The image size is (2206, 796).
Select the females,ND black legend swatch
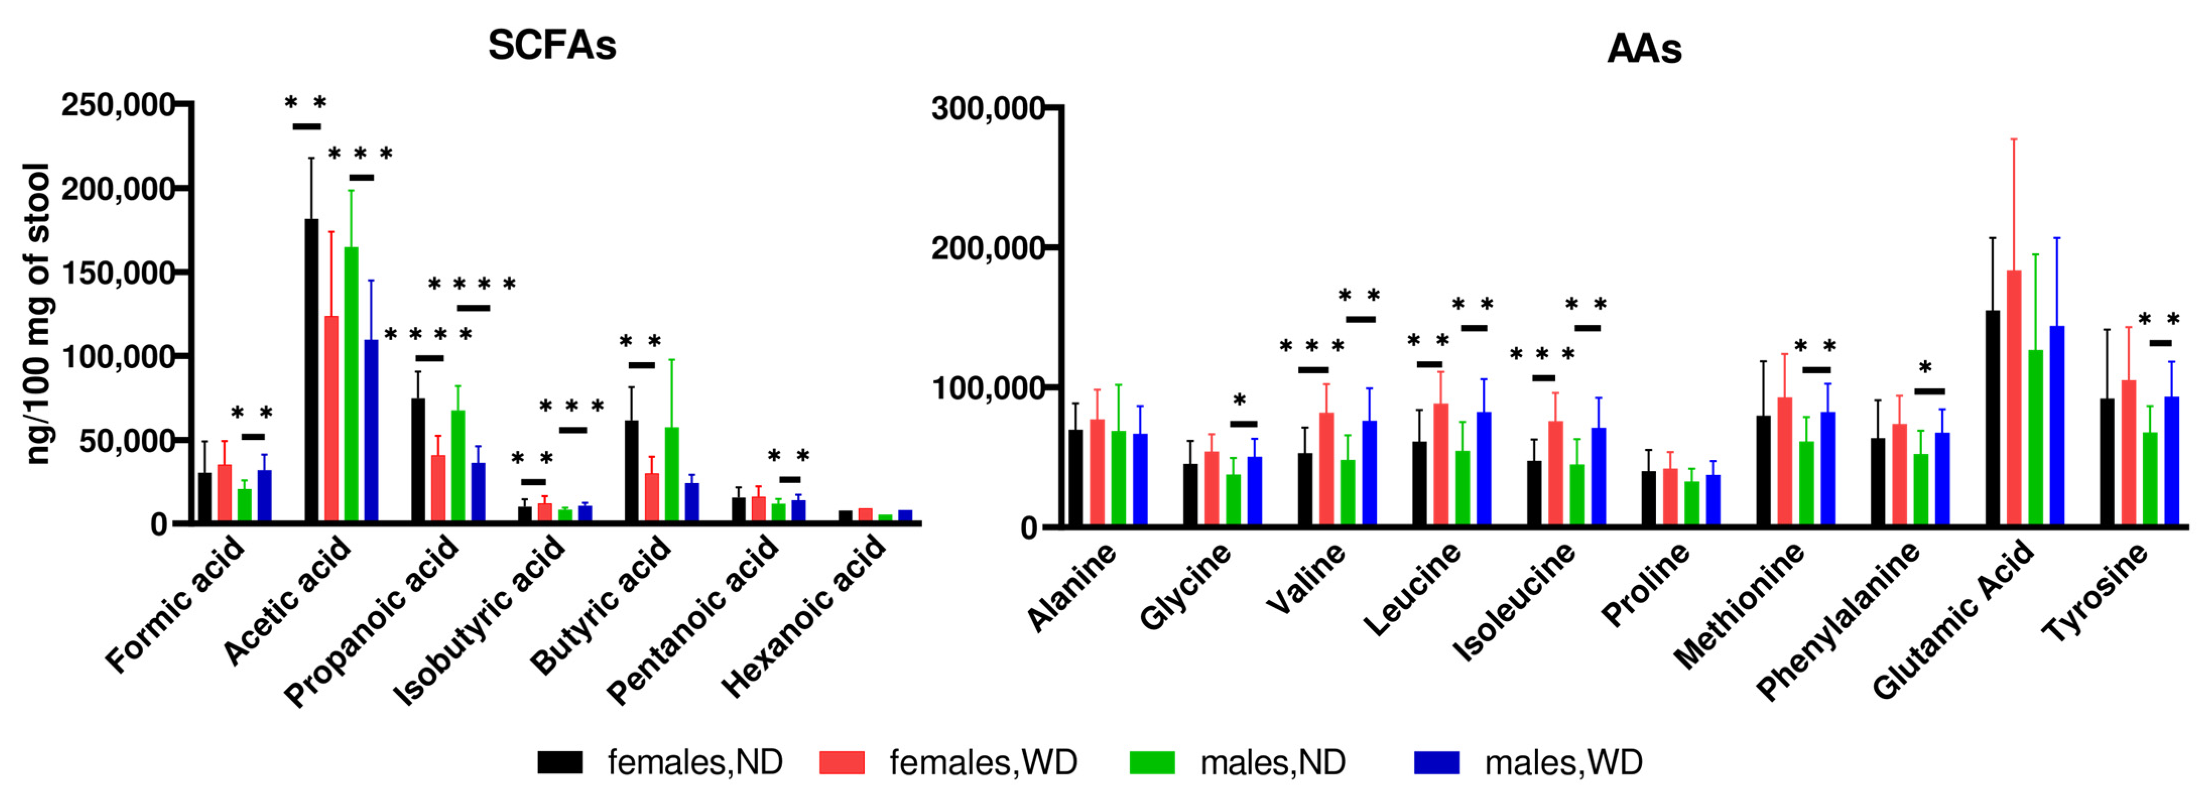pos(559,762)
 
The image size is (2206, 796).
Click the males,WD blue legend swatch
pos(1436,762)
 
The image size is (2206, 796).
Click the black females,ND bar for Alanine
pos(1075,477)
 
